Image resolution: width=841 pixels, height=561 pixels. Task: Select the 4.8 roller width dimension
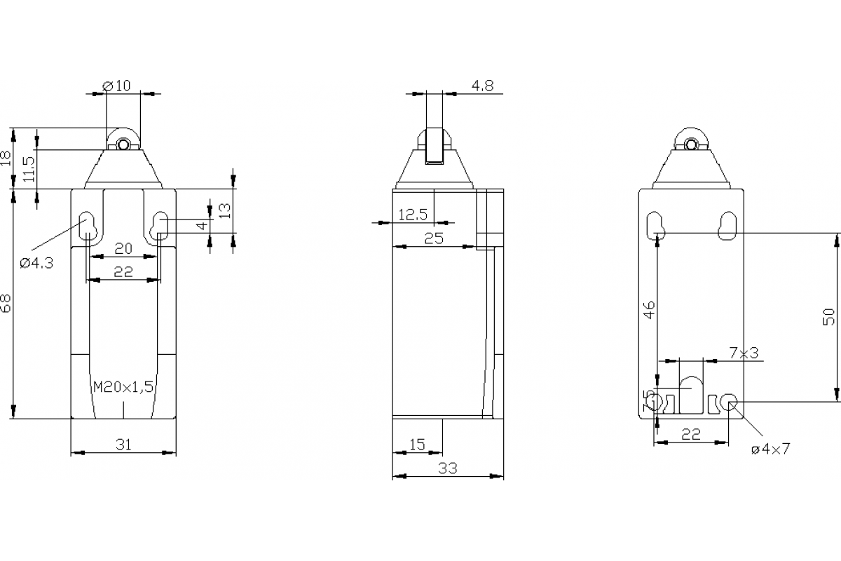coord(482,86)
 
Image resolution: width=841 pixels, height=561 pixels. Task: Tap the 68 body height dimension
coord(6,304)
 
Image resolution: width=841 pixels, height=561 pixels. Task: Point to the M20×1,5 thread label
coord(123,386)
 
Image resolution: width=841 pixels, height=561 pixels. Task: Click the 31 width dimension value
coord(123,444)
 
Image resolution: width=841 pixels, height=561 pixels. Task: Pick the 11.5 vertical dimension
coord(29,168)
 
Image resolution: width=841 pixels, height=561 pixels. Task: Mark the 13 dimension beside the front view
coord(224,210)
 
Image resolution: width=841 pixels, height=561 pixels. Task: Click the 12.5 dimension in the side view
coord(413,215)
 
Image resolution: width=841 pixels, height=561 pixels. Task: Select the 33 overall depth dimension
coord(447,468)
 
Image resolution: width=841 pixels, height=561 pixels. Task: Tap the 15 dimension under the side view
coord(416,444)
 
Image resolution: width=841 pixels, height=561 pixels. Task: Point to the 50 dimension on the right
coord(829,317)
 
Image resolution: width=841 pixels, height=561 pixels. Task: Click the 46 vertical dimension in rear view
coord(649,309)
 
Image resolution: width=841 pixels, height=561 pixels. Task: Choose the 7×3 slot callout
coord(744,353)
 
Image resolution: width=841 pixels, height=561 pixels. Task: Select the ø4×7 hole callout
coord(770,450)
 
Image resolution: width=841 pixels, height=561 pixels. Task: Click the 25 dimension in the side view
coord(434,238)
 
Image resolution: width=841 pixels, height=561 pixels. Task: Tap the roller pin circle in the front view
coord(123,145)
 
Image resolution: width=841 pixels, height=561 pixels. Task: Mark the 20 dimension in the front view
coord(123,248)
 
